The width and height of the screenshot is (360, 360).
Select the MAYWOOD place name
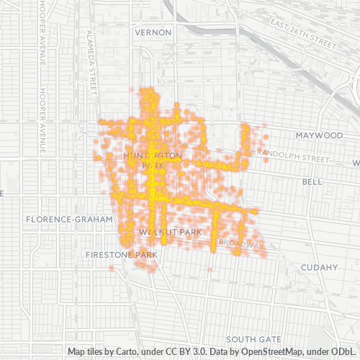tap(319, 135)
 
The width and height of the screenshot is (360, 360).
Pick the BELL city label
tap(312, 182)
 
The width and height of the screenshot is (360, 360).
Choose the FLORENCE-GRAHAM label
tap(69, 219)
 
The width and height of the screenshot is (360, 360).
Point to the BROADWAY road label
tap(241, 244)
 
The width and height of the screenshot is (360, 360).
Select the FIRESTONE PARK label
tap(121, 255)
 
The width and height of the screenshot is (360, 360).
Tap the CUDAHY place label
tap(320, 267)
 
